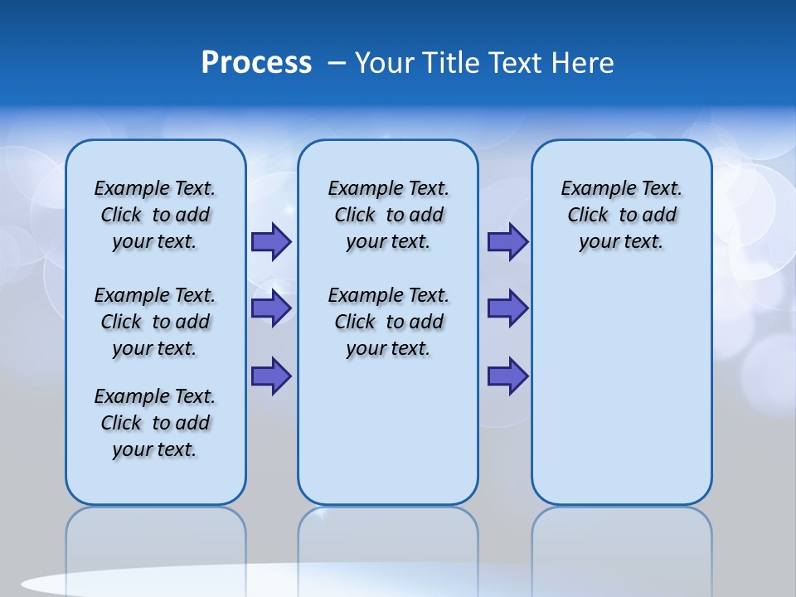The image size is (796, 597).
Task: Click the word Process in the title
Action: click(256, 63)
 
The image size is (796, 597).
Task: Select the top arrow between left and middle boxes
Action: click(271, 242)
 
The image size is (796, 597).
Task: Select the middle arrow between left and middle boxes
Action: click(271, 308)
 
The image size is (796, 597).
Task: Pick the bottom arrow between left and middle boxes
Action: click(271, 376)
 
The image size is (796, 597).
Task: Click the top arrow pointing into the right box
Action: click(507, 242)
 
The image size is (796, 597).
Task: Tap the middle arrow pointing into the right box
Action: click(507, 308)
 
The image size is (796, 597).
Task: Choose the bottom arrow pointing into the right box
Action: click(507, 376)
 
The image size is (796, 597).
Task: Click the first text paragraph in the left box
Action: click(155, 215)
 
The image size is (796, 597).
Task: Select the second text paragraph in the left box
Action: click(155, 322)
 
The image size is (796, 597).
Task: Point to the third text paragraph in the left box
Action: click(155, 423)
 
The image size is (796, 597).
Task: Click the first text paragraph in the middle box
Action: click(389, 215)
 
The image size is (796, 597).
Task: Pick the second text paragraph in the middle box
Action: click(389, 322)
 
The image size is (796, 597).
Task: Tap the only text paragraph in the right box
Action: click(622, 215)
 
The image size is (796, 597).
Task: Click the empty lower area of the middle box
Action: click(388, 431)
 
